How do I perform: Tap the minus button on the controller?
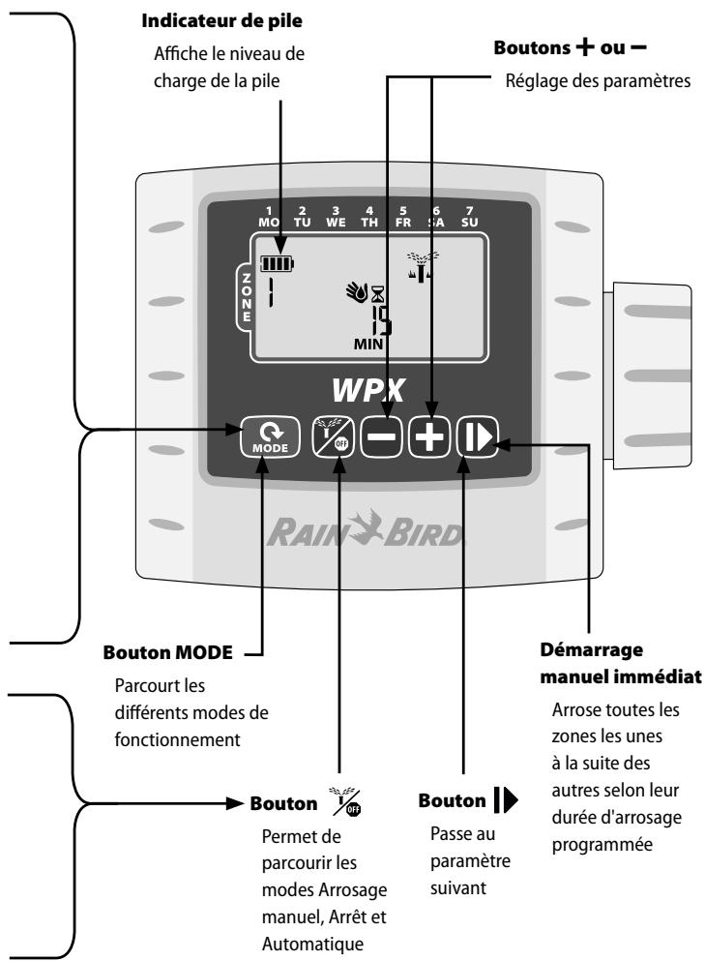point(381,437)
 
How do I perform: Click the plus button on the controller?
point(429,437)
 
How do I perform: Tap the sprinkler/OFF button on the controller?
point(333,437)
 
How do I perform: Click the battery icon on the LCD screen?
point(277,263)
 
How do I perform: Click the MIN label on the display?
point(367,345)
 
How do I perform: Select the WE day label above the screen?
point(336,223)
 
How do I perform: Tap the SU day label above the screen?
point(469,223)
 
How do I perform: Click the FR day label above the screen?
point(403,223)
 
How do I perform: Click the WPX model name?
point(368,390)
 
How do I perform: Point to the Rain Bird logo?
point(366,528)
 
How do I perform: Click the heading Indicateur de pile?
point(221,21)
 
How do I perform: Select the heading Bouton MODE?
point(168,652)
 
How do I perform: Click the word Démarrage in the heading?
point(592,650)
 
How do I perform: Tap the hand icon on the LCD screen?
point(357,291)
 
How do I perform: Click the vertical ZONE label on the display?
point(247,297)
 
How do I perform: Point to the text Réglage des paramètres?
point(598,81)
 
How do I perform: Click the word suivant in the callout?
point(458,887)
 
